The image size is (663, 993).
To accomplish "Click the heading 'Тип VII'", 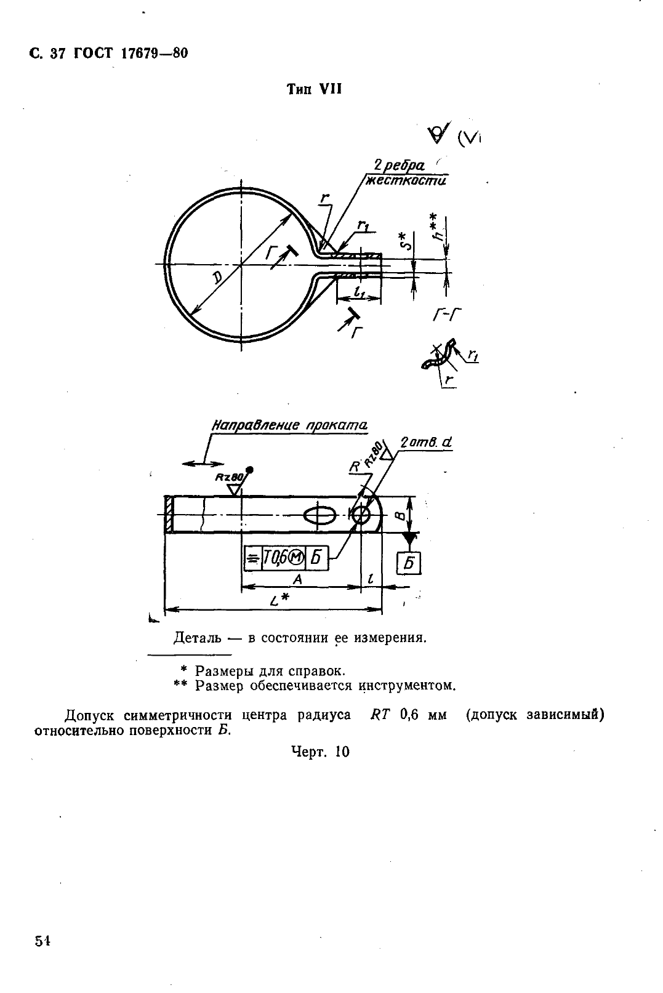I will coord(314,90).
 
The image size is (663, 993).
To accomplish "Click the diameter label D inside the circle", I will coord(219,278).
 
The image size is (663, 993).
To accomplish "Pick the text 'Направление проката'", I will coord(289,425).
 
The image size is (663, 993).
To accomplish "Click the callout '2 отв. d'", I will coord(426,443).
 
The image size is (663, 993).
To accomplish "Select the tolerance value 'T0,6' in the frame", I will coord(275,558).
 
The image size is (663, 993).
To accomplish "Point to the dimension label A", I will coord(297,579).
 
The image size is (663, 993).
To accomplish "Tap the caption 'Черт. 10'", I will coord(319,752).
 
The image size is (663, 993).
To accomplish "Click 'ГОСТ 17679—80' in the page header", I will coord(131,54).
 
